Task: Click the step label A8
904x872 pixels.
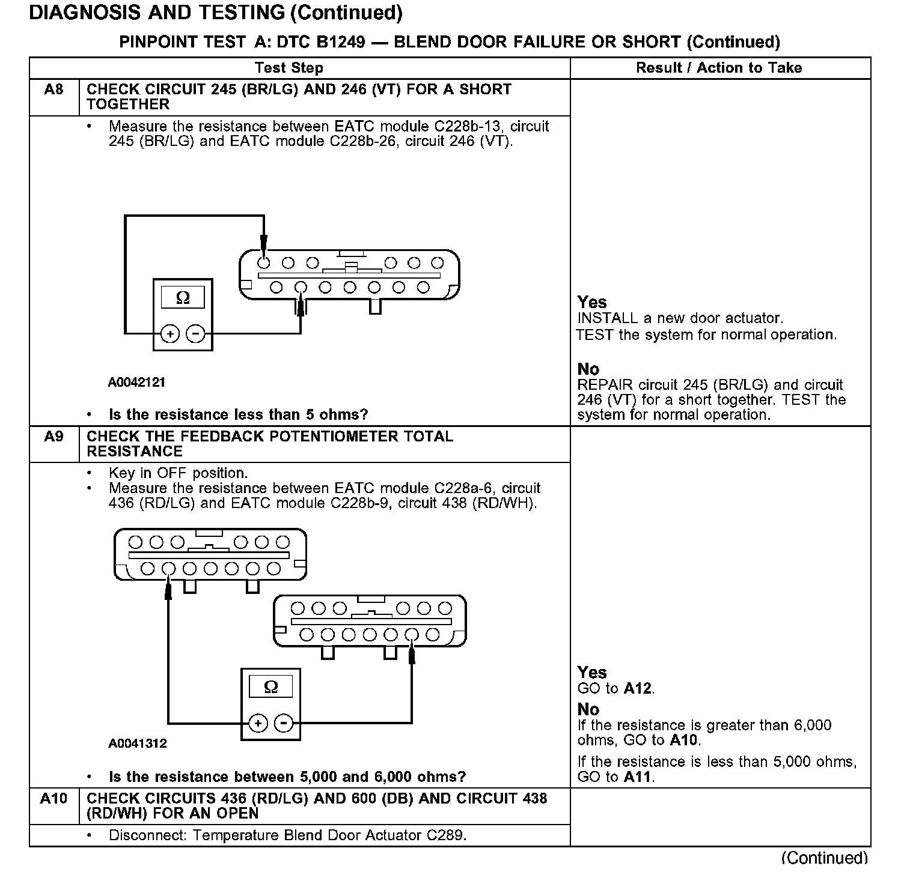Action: point(53,90)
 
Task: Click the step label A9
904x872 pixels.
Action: point(53,437)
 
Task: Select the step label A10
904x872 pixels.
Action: point(53,799)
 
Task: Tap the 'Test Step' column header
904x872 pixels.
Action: point(289,68)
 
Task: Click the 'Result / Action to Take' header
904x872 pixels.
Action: point(719,68)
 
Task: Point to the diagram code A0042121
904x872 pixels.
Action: point(136,383)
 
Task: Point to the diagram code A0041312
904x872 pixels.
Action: point(137,743)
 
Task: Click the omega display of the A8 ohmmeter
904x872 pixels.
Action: point(183,298)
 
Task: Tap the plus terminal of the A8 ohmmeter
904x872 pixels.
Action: point(171,333)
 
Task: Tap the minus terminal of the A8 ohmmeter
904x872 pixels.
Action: point(195,333)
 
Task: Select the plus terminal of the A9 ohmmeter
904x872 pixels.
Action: point(257,723)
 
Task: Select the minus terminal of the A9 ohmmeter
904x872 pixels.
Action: point(283,723)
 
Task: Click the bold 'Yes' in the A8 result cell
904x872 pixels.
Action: point(592,302)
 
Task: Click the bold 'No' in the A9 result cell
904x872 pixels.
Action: point(588,709)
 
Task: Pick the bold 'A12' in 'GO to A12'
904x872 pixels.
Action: point(638,689)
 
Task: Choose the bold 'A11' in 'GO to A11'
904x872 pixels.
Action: point(638,777)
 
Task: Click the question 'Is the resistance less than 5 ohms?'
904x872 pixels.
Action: point(238,414)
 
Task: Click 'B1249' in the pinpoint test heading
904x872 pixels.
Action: point(340,42)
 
